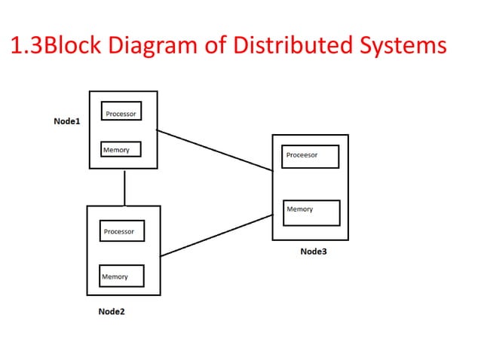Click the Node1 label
pos(66,121)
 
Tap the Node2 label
pos(112,311)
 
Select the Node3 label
pos(313,252)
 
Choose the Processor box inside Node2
pos(121,231)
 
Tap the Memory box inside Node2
pos(122,276)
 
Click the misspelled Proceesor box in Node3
pos(309,157)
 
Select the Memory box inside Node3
pos(311,212)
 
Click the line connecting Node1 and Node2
pos(124,189)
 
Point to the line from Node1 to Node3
pos(215,151)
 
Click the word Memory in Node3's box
pos(299,209)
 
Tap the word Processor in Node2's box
pos(118,231)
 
